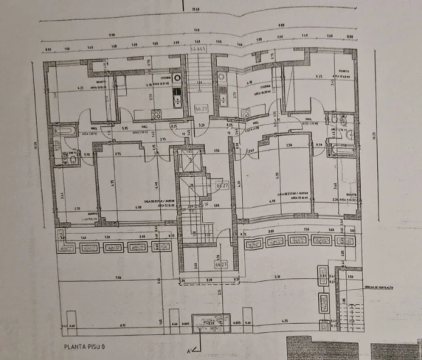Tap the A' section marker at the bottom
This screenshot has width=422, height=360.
[189, 351]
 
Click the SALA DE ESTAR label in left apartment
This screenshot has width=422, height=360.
[137, 203]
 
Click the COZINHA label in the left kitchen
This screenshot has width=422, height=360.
[163, 78]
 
